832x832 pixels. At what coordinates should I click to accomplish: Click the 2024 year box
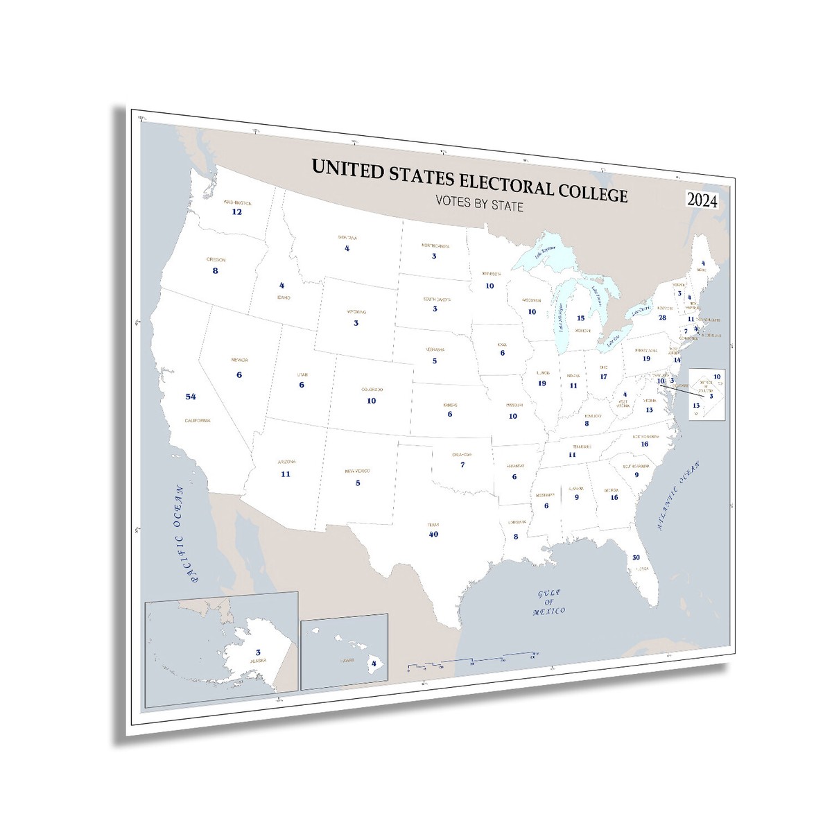(x=702, y=200)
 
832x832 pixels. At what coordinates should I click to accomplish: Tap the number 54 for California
(x=191, y=397)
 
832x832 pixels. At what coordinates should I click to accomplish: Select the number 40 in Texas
(x=434, y=535)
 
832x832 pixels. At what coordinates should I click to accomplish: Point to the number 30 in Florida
(x=636, y=557)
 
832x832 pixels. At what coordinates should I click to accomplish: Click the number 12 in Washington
(x=236, y=211)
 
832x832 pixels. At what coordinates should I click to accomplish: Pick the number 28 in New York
(x=663, y=318)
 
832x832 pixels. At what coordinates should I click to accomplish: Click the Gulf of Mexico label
(x=551, y=602)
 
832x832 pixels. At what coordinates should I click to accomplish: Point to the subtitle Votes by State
(x=478, y=205)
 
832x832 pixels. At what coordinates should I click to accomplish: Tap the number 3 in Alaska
(x=258, y=652)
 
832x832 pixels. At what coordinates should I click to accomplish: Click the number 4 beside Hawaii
(x=375, y=663)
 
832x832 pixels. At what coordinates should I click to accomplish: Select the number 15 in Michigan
(x=581, y=318)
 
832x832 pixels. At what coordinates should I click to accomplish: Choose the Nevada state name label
(x=239, y=361)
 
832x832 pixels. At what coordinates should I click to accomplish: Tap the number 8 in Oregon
(x=216, y=270)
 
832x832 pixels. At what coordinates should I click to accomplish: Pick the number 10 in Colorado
(x=372, y=401)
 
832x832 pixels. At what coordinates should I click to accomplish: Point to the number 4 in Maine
(x=702, y=263)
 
